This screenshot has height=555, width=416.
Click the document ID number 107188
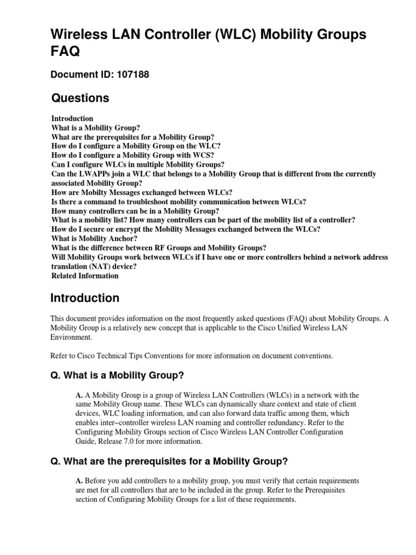(x=129, y=75)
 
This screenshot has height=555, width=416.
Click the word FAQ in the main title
(x=65, y=51)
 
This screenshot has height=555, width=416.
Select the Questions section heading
(x=80, y=98)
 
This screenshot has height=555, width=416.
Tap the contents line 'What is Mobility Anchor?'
(x=94, y=238)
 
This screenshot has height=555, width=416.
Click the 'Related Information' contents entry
(x=84, y=275)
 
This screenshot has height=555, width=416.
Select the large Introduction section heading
(x=84, y=298)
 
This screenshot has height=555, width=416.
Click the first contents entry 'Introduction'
(x=72, y=118)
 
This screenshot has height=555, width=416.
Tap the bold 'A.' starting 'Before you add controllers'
(x=79, y=481)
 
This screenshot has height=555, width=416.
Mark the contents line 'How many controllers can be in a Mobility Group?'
(x=135, y=211)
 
